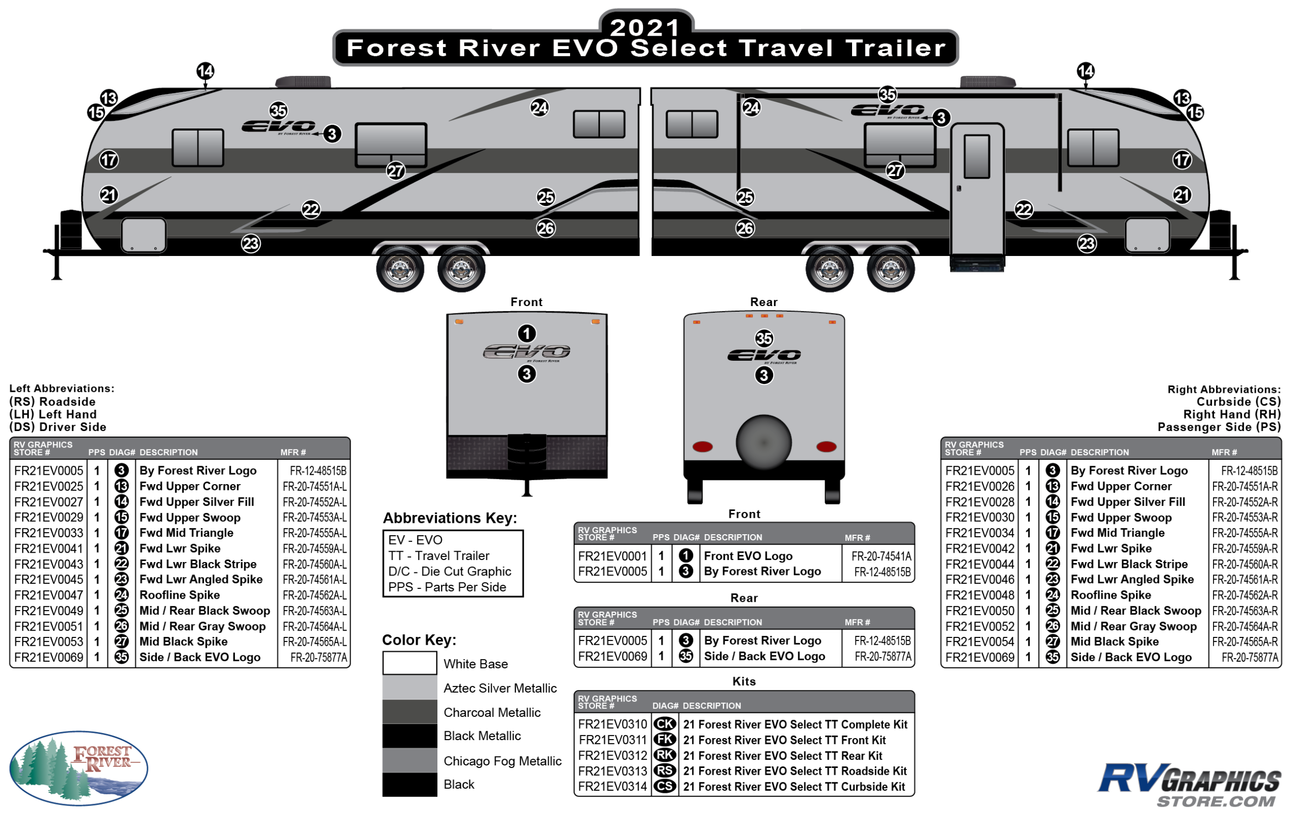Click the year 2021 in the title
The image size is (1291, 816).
645,27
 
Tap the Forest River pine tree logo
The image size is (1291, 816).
78,767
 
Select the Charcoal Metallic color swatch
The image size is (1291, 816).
410,712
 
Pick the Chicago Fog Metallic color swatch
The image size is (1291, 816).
410,760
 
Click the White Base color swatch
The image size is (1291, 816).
410,663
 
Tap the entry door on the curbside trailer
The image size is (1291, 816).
977,190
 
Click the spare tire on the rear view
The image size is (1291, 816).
763,442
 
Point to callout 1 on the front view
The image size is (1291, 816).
527,333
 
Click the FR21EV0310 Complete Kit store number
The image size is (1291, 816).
612,724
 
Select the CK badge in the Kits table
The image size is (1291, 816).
665,724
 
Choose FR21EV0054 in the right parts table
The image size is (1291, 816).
980,642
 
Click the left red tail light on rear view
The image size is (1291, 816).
702,446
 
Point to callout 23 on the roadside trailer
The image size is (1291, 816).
250,244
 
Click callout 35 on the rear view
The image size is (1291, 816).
764,338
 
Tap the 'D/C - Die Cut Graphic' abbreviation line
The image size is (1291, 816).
449,571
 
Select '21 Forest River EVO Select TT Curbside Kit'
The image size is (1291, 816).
794,787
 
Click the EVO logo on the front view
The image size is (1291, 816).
527,352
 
